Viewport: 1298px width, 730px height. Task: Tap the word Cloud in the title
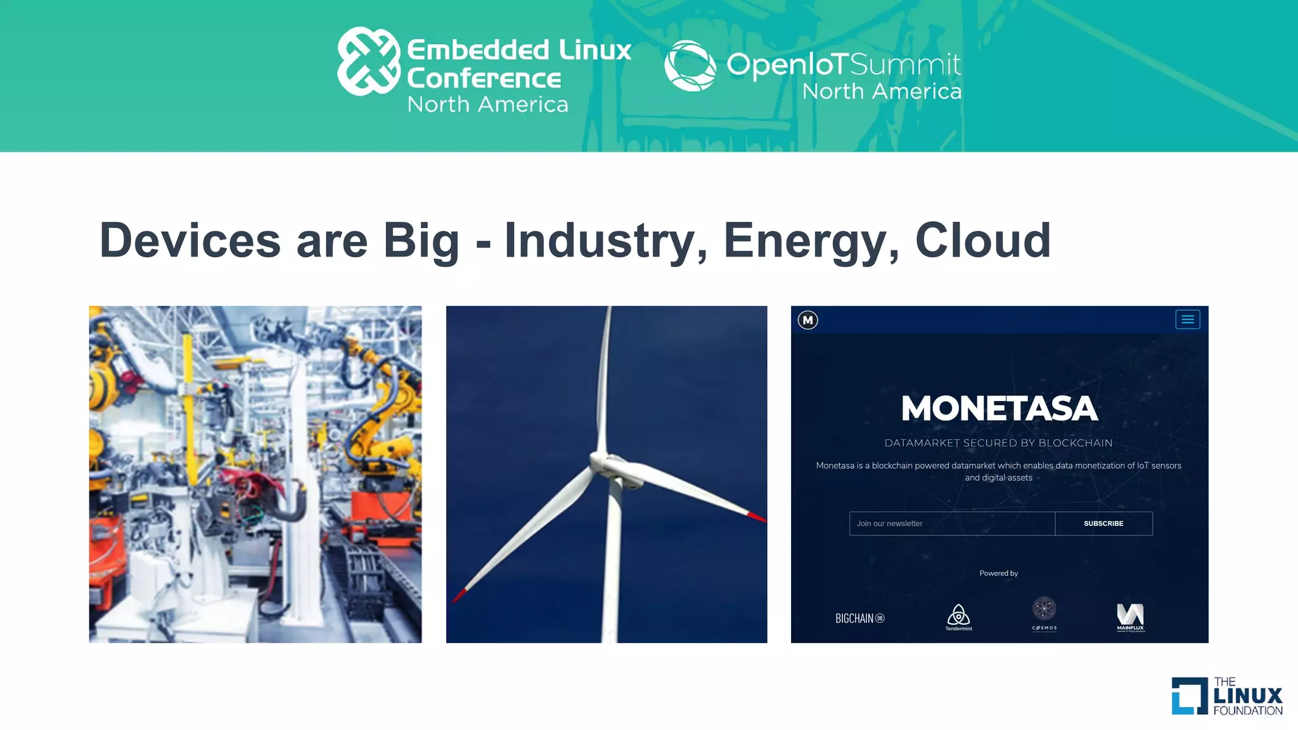pyautogui.click(x=983, y=241)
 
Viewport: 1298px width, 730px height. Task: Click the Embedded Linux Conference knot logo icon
pyautogui.click(x=369, y=61)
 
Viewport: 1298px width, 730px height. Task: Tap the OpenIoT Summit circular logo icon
pyautogui.click(x=690, y=65)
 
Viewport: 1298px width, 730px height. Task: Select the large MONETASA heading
pyautogui.click(x=999, y=409)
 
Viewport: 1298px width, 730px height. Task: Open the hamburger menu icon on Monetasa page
pyautogui.click(x=1188, y=320)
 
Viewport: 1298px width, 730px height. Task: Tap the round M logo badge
pyautogui.click(x=807, y=320)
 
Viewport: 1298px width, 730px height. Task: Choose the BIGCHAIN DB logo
pyautogui.click(x=859, y=618)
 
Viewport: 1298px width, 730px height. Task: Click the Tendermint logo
pyautogui.click(x=958, y=617)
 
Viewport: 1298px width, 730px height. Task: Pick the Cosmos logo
pyautogui.click(x=1044, y=612)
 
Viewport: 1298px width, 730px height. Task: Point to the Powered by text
pyautogui.click(x=999, y=573)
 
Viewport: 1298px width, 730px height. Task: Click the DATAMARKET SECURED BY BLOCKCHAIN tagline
pyautogui.click(x=998, y=443)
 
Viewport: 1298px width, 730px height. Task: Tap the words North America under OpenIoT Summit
pyautogui.click(x=882, y=91)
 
